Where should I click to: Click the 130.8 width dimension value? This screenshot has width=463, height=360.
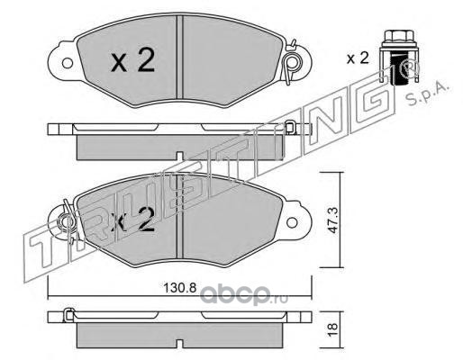point(179,288)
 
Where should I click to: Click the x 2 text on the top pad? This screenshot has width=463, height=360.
point(133,61)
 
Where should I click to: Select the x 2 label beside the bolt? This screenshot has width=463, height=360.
point(358,58)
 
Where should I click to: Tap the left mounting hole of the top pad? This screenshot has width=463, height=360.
point(68,63)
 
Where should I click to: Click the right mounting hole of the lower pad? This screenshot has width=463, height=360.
point(292,222)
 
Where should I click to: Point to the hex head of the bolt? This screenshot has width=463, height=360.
point(399,36)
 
